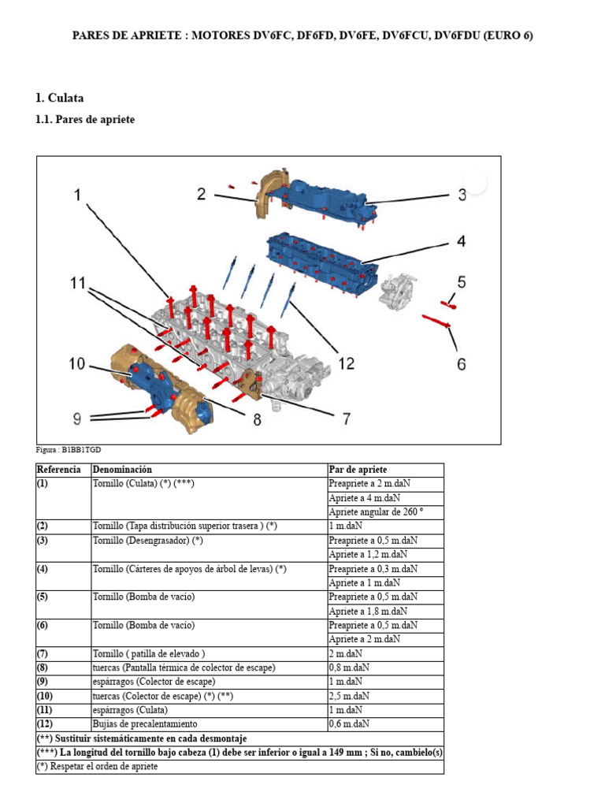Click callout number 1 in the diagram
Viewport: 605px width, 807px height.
click(77, 195)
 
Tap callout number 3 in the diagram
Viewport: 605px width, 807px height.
click(462, 195)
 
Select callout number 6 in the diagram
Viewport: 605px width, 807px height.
click(462, 363)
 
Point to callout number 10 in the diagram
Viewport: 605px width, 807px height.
click(76, 363)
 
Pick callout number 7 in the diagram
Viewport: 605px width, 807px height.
click(346, 418)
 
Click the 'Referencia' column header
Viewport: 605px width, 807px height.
click(58, 470)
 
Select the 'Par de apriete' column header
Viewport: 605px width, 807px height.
click(358, 470)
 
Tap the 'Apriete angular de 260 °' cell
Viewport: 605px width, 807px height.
click(376, 511)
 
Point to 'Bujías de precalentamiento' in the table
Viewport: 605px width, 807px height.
click(145, 723)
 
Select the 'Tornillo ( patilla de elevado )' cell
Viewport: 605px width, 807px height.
click(149, 653)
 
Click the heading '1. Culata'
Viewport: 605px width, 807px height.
click(60, 99)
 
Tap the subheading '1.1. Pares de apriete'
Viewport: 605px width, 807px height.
click(85, 120)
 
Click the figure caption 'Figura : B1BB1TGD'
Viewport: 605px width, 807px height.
click(69, 450)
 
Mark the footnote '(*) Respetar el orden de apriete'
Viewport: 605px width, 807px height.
click(97, 766)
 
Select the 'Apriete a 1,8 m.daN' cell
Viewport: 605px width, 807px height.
click(368, 611)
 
